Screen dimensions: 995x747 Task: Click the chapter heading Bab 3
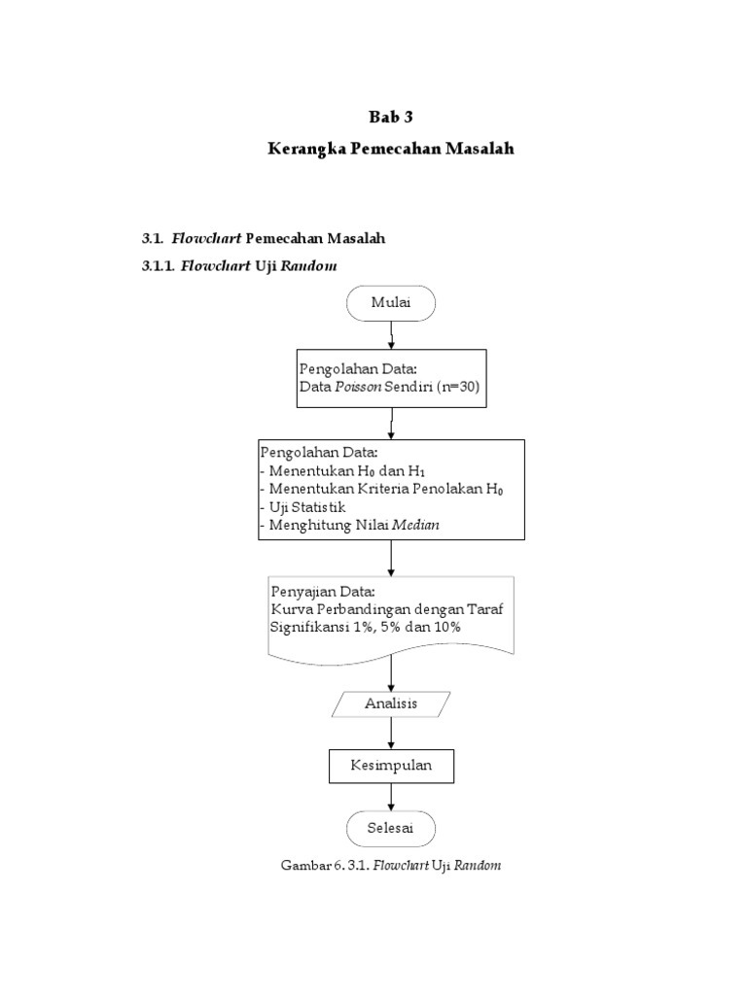coord(390,118)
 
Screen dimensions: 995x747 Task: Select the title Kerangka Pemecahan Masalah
coord(390,150)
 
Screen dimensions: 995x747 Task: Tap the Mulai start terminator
coord(391,303)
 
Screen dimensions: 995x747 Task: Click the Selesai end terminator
coord(391,828)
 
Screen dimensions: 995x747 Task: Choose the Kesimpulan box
coord(391,766)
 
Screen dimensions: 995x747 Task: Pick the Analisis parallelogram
coord(391,703)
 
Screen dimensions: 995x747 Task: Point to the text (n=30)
coord(455,388)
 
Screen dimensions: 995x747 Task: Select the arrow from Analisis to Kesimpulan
coord(391,733)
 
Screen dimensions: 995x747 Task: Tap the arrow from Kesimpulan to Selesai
coord(391,797)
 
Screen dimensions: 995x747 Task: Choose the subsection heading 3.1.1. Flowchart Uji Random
coord(240,264)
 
